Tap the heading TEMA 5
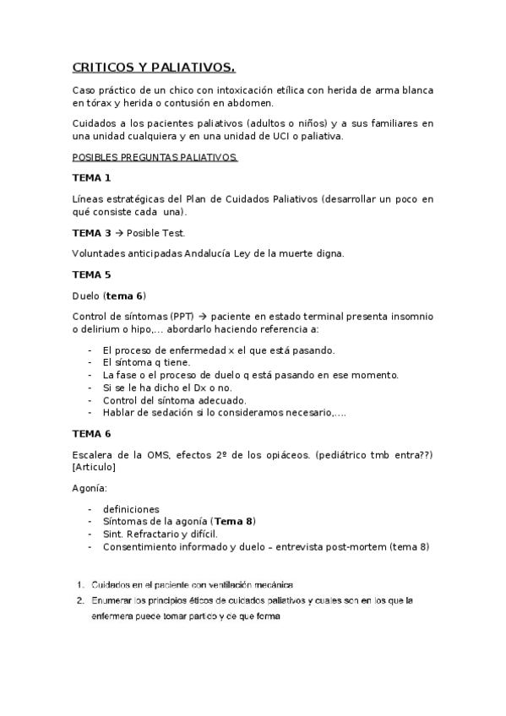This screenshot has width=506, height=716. click(91, 274)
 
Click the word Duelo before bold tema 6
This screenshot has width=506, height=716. click(87, 296)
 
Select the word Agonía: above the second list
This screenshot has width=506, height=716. click(90, 488)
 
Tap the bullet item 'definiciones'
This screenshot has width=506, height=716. click(131, 509)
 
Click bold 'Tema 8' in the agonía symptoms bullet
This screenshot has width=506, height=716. click(233, 522)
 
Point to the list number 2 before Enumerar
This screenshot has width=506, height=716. click(79, 600)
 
